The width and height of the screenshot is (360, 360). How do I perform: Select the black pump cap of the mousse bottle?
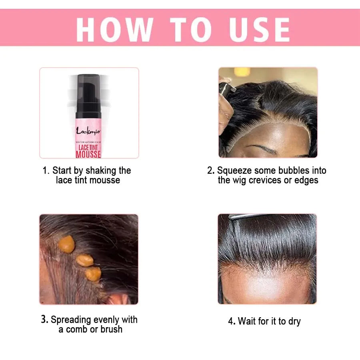88,86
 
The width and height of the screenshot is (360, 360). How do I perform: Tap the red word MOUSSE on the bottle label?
88,154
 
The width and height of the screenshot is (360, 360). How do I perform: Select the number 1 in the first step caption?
46,171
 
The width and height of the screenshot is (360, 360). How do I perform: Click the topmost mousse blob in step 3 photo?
67,244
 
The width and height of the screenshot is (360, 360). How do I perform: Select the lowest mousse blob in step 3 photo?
93,274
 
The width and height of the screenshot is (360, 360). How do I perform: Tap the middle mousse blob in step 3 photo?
84,260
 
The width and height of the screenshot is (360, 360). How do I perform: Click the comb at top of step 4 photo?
244,216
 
